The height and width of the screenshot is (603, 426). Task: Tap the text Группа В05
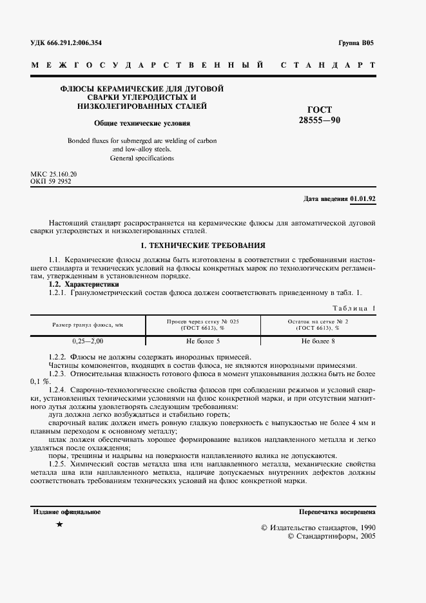[x=356, y=43]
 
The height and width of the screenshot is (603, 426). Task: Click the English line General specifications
[x=142, y=158]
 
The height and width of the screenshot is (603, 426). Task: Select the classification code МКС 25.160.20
[x=54, y=175]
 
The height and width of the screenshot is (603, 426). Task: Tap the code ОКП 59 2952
[x=51, y=182]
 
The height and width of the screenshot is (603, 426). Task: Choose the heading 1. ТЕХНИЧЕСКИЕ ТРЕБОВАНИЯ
[x=203, y=245]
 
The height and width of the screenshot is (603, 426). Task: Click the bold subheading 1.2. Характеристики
[x=84, y=284]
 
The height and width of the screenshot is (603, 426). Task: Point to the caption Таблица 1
[x=353, y=307]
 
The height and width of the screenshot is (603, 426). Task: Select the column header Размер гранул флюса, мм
[x=88, y=325]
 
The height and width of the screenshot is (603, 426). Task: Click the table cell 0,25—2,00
[x=88, y=340]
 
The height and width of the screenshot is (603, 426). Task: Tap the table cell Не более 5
[x=203, y=340]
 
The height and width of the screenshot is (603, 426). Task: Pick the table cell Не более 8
[x=318, y=340]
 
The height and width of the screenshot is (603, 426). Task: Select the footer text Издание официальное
[x=66, y=512]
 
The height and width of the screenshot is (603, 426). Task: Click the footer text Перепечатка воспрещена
[x=337, y=512]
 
